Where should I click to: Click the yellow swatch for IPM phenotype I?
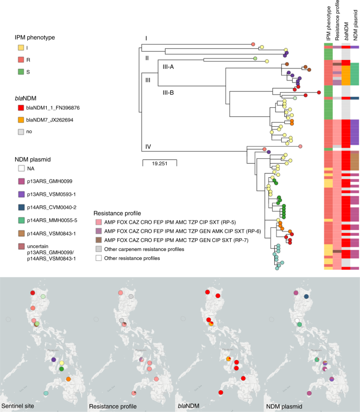point(20,48)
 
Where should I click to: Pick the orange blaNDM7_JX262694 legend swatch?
point(20,119)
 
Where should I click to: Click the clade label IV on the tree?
point(148,146)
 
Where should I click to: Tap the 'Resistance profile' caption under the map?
point(113,406)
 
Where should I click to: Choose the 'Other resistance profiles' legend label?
point(140,257)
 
